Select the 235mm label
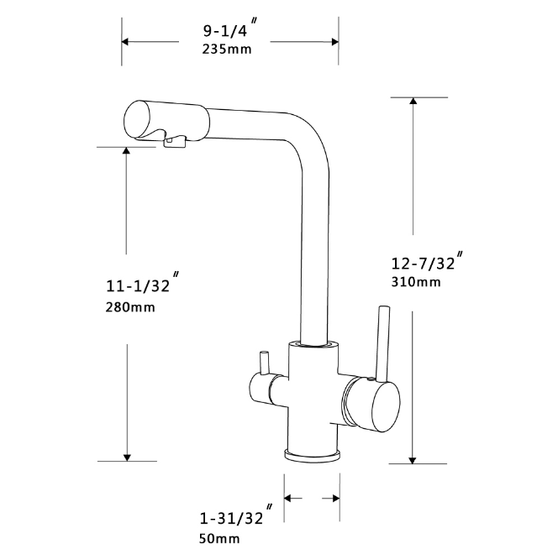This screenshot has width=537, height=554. click(x=227, y=50)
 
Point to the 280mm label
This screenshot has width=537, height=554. click(x=130, y=307)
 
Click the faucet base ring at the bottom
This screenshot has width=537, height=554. click(x=312, y=454)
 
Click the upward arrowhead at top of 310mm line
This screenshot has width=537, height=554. click(x=413, y=103)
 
